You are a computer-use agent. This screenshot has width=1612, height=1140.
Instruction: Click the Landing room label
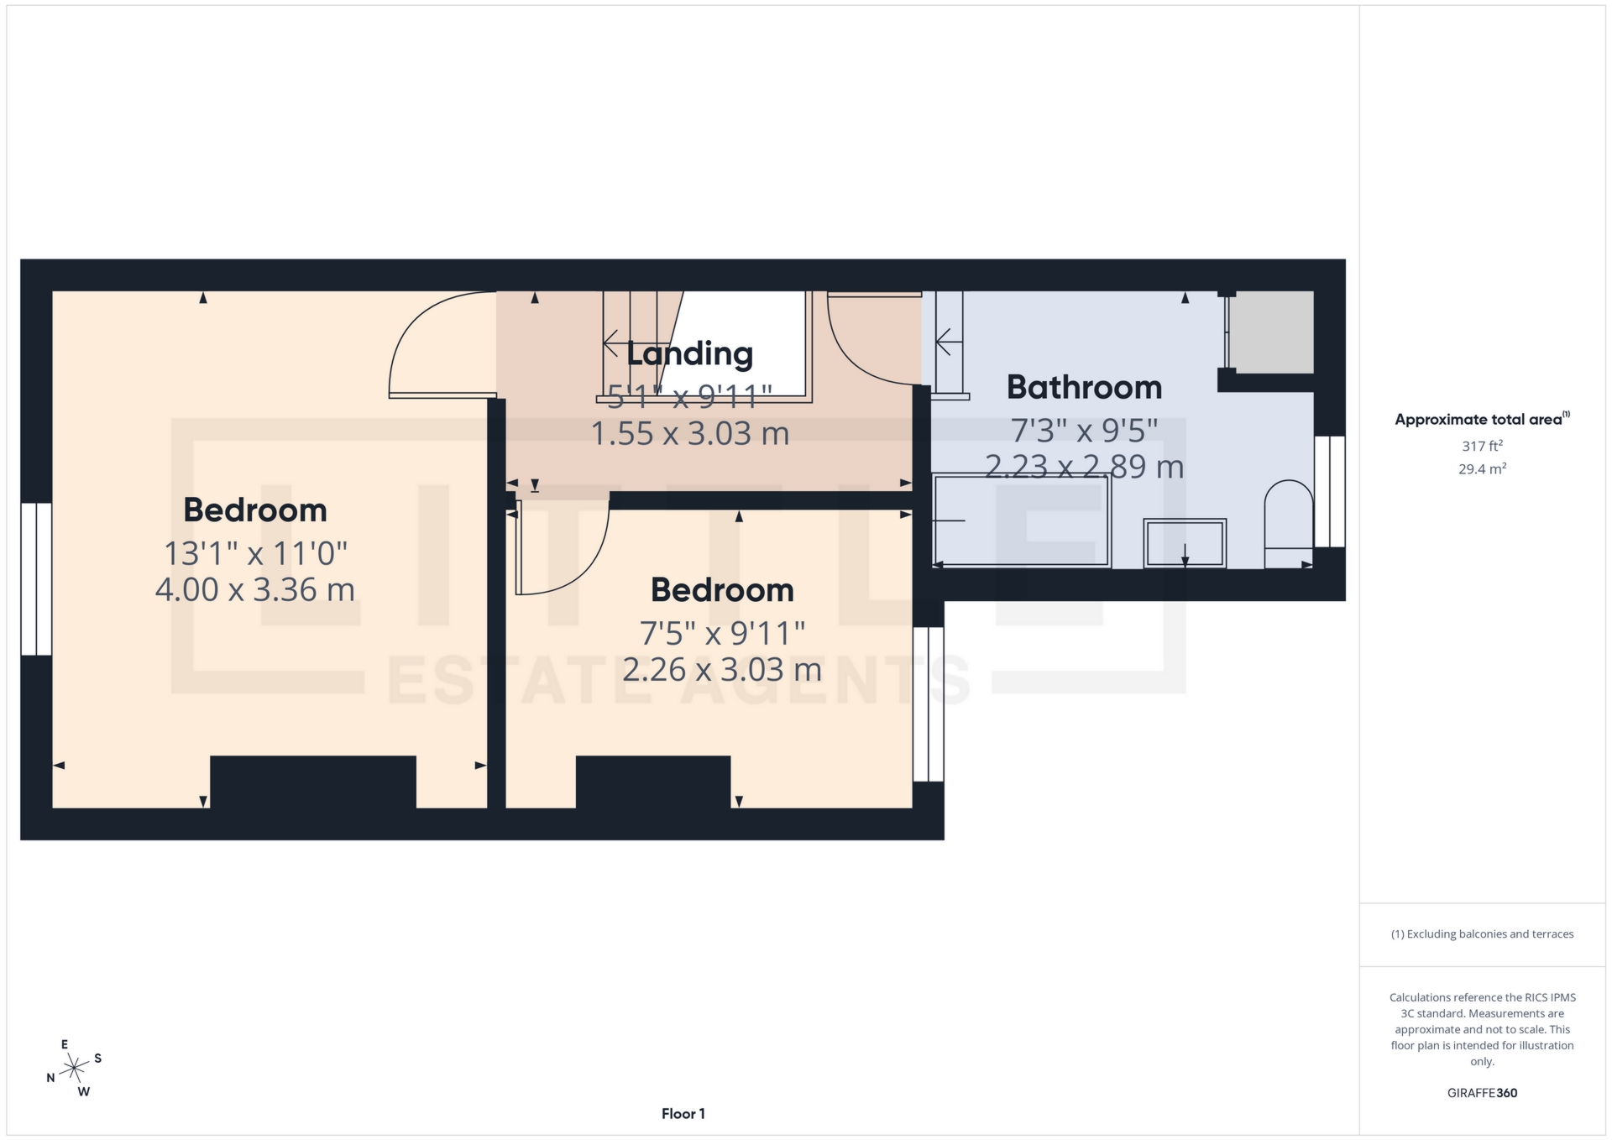tap(689, 353)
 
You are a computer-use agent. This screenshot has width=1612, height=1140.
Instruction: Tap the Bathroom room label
tap(1084, 387)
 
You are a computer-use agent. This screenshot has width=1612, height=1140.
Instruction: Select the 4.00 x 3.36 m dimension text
tap(255, 589)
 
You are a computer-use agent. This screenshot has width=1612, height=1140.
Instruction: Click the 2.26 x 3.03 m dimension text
tap(722, 669)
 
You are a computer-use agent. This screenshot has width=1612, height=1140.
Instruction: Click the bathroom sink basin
tap(1184, 543)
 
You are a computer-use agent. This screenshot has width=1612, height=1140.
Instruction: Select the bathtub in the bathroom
tap(1022, 521)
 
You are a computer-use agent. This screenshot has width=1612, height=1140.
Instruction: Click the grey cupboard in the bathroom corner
tap(1271, 332)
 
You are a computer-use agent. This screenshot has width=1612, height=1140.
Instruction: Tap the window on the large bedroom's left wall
tap(36, 578)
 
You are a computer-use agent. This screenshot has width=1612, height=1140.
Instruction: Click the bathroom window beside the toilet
tap(1329, 491)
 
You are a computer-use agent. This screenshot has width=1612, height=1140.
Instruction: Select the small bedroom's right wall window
tap(928, 703)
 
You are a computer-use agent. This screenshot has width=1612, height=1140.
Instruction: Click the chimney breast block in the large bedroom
tap(312, 782)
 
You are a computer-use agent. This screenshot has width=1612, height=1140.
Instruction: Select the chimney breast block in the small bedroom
tap(652, 782)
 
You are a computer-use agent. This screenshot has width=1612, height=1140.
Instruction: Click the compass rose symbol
tap(75, 1069)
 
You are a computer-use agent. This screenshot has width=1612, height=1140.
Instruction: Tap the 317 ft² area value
tap(1482, 446)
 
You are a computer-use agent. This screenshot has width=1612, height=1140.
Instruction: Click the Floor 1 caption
tap(683, 1114)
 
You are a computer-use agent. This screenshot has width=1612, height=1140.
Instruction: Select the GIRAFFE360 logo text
tap(1482, 1093)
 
